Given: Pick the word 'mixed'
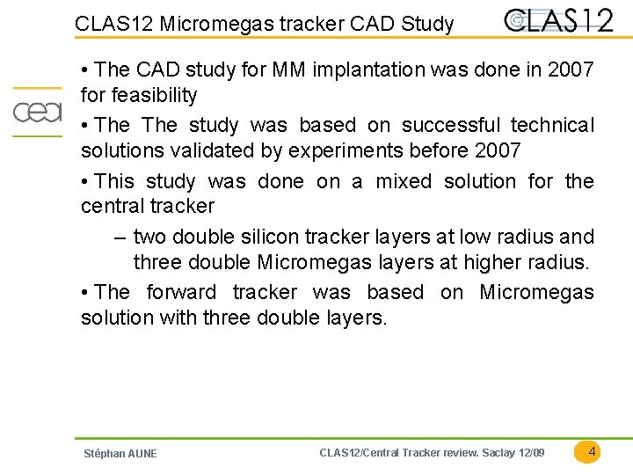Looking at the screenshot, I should pos(404,181).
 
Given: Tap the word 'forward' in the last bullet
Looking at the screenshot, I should pos(180,292).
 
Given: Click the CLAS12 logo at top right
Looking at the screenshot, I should pos(559,19).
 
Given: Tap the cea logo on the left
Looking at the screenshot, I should pos(36,112).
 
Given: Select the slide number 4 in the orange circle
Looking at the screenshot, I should pos(592,451).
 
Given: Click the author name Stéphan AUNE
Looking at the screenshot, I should pos(120,453).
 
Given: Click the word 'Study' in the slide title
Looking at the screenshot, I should pos(427,24).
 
